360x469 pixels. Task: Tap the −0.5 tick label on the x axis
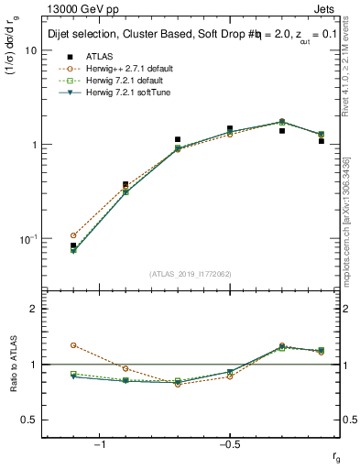229,444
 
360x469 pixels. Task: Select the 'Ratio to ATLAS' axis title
12,364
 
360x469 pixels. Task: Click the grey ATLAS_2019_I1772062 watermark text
191,274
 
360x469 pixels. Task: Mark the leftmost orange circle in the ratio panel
73,345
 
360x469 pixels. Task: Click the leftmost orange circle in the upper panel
73,235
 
